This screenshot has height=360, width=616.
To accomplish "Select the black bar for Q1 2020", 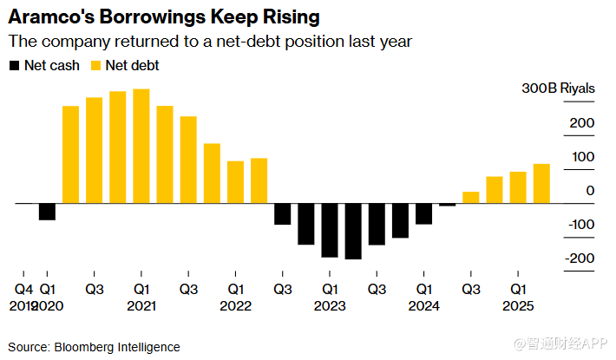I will (x=47, y=212).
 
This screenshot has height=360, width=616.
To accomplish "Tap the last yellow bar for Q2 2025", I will (x=541, y=183).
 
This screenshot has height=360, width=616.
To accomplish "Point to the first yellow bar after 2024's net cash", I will (x=471, y=198).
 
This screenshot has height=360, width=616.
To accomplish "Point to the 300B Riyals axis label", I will (x=558, y=88).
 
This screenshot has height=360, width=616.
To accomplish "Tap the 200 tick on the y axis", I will (x=582, y=123).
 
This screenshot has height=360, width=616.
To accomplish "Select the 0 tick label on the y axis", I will (x=590, y=191).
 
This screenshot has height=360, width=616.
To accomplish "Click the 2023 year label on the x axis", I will (x=330, y=305).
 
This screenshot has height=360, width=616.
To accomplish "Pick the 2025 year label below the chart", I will (x=517, y=305).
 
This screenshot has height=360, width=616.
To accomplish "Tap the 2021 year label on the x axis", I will (x=141, y=305).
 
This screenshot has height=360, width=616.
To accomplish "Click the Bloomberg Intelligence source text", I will (x=121, y=347).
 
